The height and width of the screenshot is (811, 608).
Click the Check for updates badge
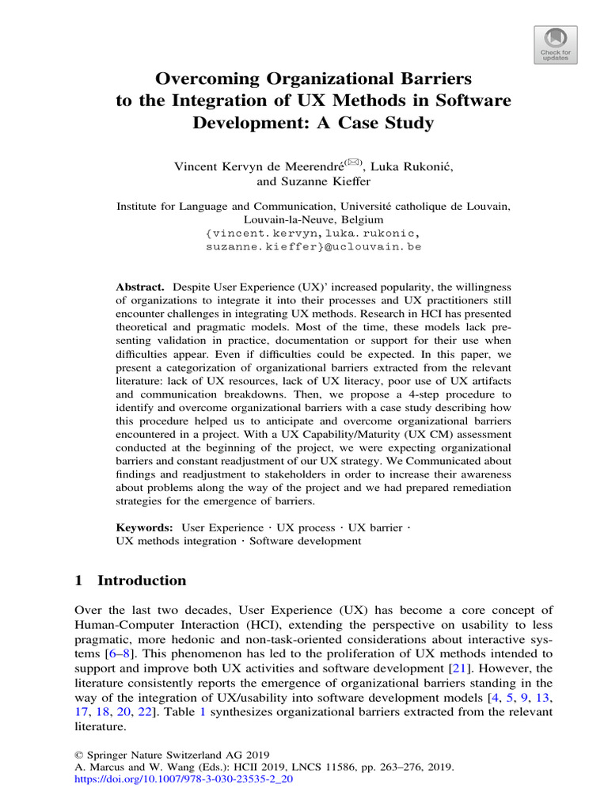555,44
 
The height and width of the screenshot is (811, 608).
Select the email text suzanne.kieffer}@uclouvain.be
313,247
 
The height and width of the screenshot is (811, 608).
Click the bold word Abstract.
139,285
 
